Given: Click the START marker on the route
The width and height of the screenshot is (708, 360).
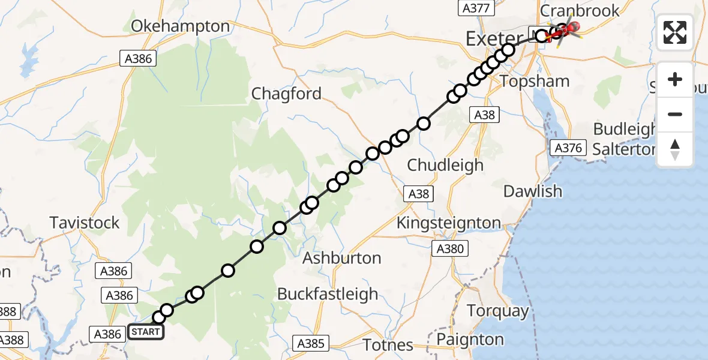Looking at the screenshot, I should coord(146,332).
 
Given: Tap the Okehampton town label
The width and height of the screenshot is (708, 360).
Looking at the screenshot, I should coord(180,26).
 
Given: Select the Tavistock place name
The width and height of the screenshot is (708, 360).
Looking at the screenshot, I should coord(85,223).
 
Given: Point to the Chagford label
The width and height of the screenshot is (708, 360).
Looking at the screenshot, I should coord(286,94).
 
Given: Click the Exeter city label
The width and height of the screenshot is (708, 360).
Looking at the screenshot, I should coord(494,40).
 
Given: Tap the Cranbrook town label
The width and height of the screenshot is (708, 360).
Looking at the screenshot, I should coord(580,10).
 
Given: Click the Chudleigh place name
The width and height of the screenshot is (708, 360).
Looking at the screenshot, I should coord(445,164).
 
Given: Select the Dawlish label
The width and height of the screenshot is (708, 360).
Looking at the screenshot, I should coord(533,191).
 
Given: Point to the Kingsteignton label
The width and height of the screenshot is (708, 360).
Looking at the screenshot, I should coord(448,223).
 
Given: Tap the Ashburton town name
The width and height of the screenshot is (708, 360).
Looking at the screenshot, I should coord(341,258).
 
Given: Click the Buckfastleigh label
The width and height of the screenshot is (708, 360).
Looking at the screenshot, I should coord(327,294).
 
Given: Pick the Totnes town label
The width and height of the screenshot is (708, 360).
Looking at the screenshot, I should coord(388,345).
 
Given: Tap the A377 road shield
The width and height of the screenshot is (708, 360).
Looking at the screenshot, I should coord(476,8).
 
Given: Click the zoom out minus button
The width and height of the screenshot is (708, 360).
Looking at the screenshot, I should coord(675,114).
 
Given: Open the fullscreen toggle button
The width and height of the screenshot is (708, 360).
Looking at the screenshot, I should coord(675,32).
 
